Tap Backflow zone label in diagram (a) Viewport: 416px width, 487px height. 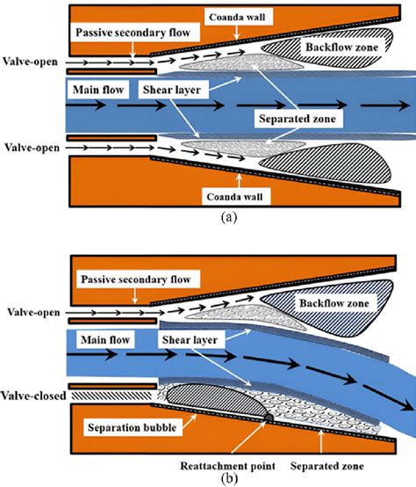[331, 43]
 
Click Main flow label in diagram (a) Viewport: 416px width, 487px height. [98, 89]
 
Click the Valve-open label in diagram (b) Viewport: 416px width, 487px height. [32, 310]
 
